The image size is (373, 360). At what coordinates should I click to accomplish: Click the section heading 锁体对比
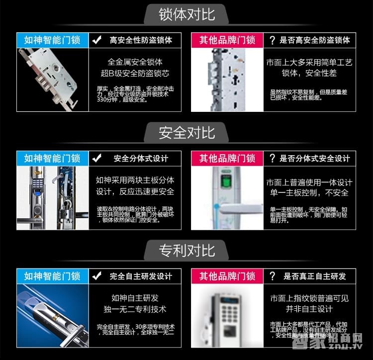186,13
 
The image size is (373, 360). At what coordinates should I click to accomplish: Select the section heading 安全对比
186,132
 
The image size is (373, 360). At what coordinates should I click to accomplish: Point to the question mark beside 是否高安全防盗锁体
272,40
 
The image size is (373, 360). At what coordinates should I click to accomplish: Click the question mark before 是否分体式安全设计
272,158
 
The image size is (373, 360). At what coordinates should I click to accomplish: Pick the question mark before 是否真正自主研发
272,276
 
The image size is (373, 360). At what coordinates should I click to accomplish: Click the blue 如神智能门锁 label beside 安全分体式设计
52,158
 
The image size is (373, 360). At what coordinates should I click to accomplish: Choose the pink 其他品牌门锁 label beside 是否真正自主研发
227,276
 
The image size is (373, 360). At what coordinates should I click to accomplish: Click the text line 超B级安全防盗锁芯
135,74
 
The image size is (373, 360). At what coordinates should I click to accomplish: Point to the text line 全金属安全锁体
135,62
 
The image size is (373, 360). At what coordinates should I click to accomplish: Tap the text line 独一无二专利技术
135,309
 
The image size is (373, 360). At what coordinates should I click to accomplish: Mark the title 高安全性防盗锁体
141,40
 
